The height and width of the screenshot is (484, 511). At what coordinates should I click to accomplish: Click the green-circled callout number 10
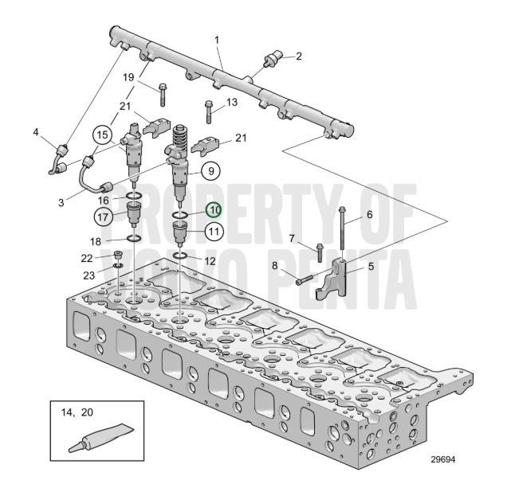214,210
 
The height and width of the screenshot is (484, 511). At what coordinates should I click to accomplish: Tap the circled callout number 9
210,170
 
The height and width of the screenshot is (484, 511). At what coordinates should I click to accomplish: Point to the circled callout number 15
102,135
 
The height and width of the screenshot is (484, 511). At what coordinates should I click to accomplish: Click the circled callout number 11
214,232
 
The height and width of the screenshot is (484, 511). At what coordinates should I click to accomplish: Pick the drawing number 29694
443,459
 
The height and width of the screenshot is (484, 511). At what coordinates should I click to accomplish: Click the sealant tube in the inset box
101,438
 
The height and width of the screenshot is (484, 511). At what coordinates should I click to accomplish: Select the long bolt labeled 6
342,228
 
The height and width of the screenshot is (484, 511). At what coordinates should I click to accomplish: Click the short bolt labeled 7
320,253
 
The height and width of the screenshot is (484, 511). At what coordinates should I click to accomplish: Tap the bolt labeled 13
209,112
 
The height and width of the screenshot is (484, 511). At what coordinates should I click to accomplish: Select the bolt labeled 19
163,95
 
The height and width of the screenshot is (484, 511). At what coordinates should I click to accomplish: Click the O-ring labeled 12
179,256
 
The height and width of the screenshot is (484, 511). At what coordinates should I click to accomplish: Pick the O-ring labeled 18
134,238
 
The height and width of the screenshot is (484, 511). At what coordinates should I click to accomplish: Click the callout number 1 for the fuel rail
217,40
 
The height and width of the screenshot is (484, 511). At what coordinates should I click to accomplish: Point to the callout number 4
36,132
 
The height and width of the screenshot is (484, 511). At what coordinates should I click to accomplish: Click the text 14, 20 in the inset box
77,412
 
